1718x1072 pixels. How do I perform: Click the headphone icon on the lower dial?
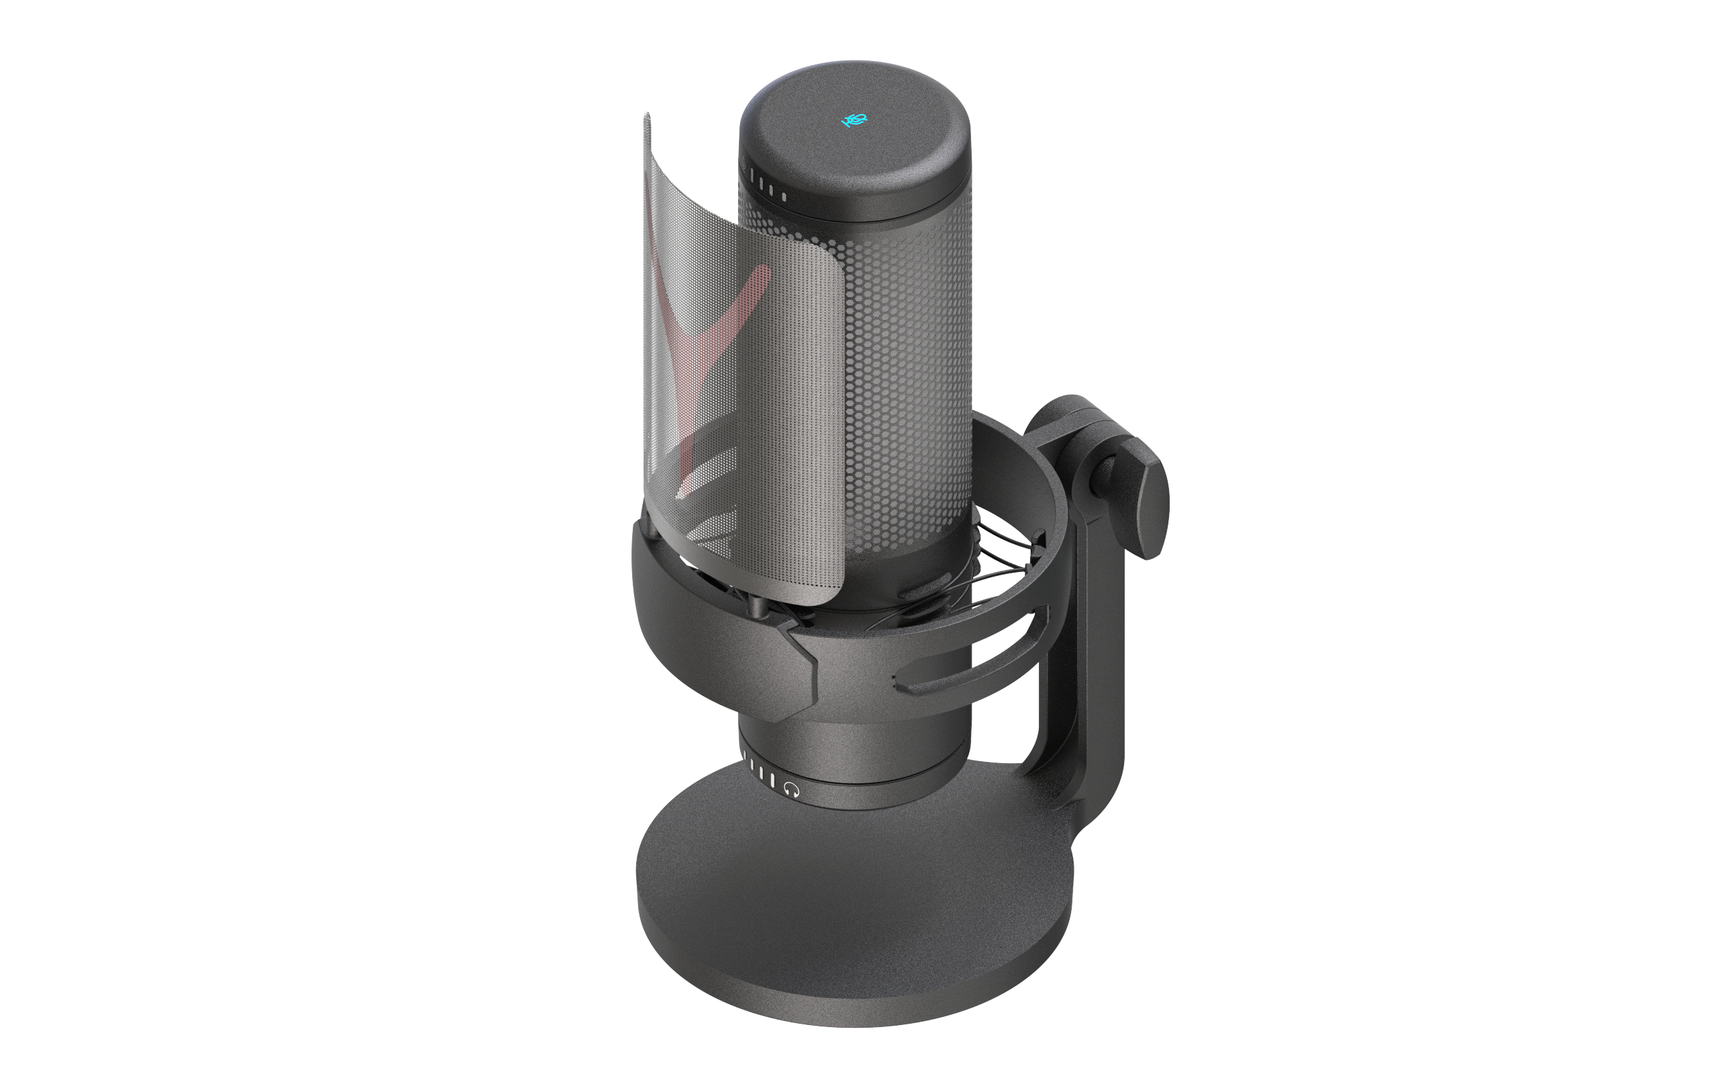click(x=792, y=789)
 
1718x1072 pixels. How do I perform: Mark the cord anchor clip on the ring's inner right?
click(x=1039, y=540)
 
